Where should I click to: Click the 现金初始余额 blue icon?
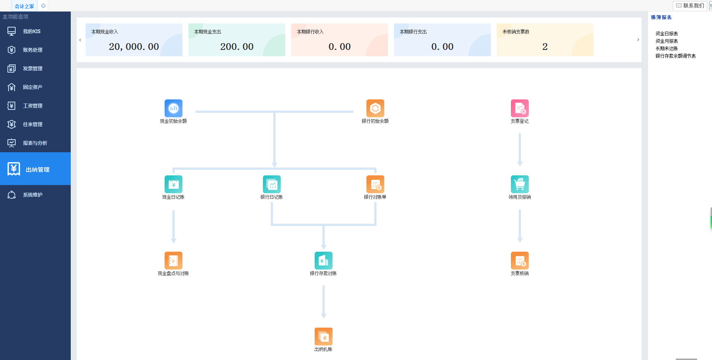(x=174, y=108)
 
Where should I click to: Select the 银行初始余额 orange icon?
(x=375, y=108)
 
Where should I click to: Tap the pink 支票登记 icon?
(x=519, y=108)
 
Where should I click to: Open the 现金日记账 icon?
(x=174, y=184)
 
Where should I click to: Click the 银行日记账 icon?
(x=272, y=184)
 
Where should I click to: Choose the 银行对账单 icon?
(x=375, y=184)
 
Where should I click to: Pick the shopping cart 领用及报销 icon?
(x=519, y=184)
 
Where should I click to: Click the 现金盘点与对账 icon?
(x=174, y=261)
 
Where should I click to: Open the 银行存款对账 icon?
(x=324, y=261)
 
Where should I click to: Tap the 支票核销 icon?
(x=519, y=261)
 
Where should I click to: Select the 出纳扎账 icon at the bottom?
(x=324, y=337)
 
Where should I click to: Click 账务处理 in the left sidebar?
(x=33, y=50)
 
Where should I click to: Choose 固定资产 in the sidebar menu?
(x=33, y=87)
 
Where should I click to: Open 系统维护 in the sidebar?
(x=33, y=195)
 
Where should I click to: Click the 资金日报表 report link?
(x=667, y=34)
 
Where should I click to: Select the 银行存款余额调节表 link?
(x=676, y=56)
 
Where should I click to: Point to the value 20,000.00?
(x=134, y=47)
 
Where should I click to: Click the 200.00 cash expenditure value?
(x=237, y=47)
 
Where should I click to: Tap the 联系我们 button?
(x=690, y=6)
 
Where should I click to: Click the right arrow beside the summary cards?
(x=638, y=40)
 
